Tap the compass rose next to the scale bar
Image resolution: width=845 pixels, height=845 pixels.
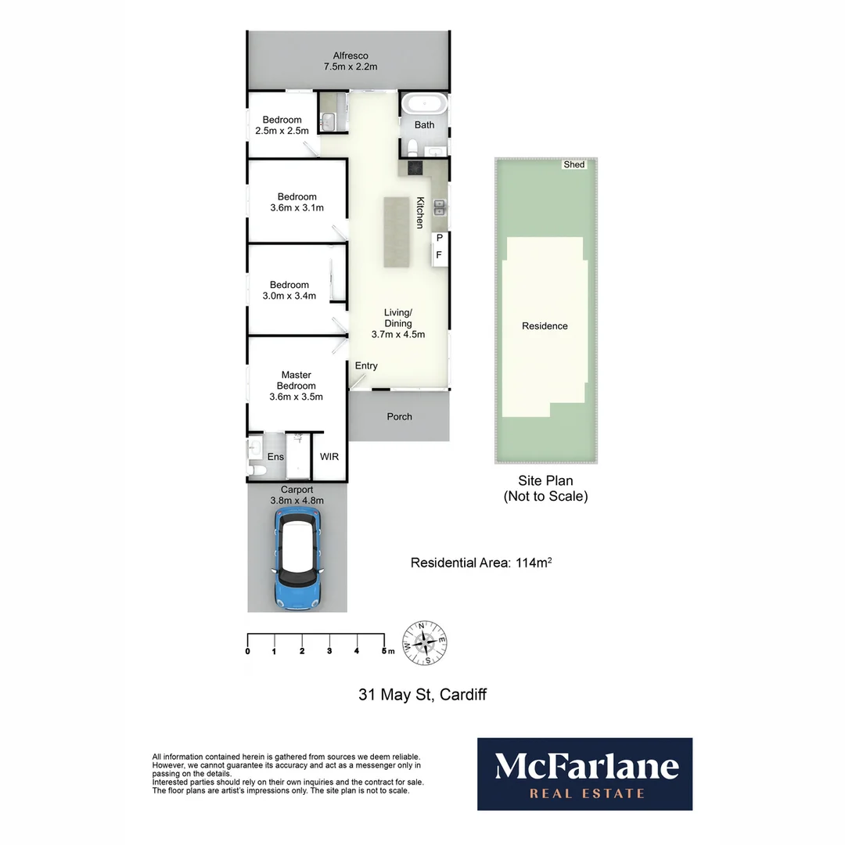coord(424,642)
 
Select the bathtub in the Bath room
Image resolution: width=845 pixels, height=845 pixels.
coord(423,104)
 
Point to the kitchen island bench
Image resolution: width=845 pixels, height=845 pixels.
coord(397,232)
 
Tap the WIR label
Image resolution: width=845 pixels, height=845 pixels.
coord(329,456)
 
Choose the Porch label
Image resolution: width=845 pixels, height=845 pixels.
coord(399,417)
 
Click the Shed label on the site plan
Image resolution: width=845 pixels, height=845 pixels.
coord(574,165)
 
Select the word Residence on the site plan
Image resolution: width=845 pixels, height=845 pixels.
coord(545,326)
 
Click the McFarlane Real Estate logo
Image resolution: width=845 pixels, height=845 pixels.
coord(584,774)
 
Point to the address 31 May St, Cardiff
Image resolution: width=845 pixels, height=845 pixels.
coord(422,694)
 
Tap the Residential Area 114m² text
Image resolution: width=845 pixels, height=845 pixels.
coord(482,563)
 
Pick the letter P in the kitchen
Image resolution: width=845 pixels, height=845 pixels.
coord(439,238)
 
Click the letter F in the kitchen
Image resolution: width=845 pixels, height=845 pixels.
coord(439,255)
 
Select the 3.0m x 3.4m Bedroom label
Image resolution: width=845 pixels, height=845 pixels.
coord(289,290)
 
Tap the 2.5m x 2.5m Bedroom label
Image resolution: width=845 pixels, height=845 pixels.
coord(282,125)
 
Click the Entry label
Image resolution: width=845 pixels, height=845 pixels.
coord(366,366)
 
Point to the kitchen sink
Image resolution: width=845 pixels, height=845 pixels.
coord(439,207)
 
